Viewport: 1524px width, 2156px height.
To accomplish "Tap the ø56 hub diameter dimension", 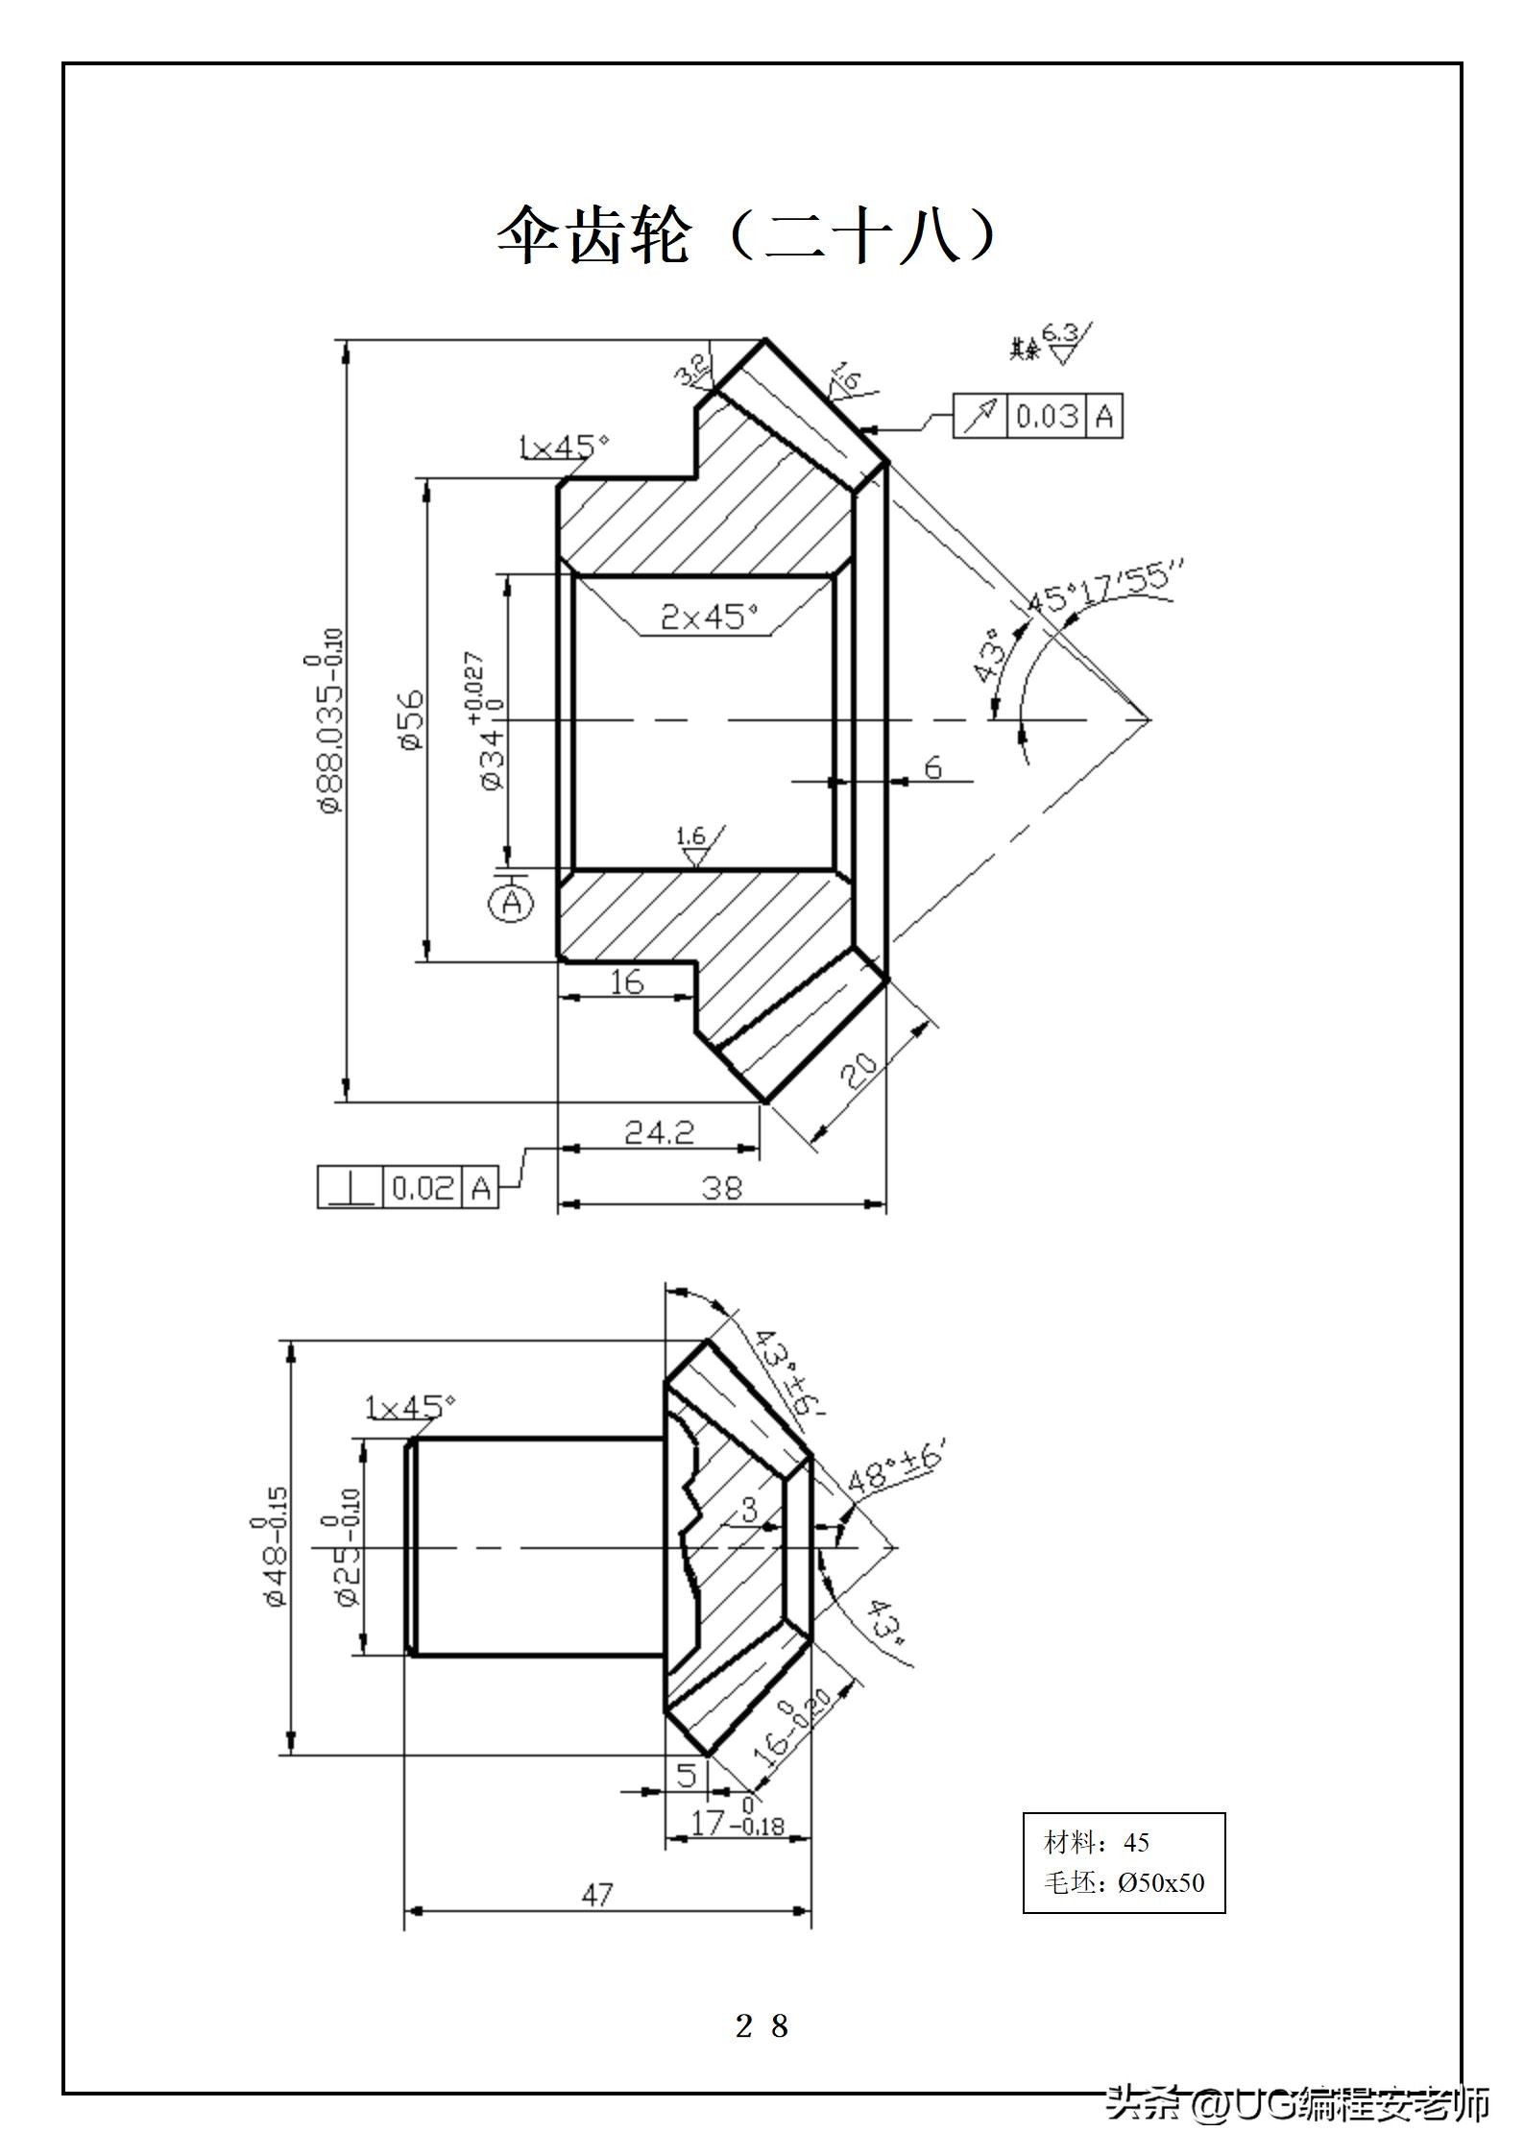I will click(x=411, y=720).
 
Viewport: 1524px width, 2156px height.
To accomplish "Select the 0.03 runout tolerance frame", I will click(x=1037, y=416).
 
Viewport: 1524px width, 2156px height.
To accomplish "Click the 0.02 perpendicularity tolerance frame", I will click(x=408, y=1188).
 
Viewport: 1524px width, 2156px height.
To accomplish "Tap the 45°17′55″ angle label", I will click(x=1104, y=588).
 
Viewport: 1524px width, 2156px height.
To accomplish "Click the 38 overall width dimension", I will click(x=722, y=1189).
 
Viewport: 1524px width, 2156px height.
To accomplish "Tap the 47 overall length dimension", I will click(x=596, y=1895).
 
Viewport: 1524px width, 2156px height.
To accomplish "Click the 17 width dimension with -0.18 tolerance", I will click(x=736, y=1822).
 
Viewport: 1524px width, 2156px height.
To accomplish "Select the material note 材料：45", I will click(x=1097, y=1842).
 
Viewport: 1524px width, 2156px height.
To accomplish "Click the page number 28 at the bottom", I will click(x=762, y=2024).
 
